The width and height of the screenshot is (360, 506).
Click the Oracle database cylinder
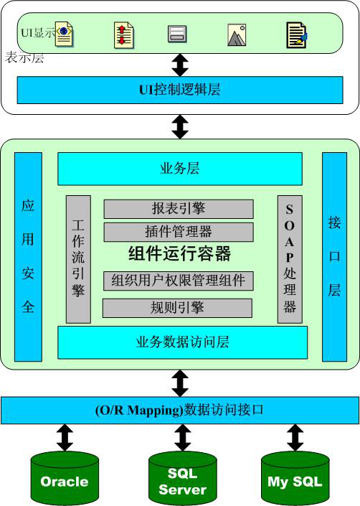(65, 479)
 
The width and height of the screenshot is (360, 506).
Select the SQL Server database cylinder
(182, 479)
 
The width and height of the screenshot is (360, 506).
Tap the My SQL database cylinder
(295, 479)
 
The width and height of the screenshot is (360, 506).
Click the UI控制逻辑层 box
(180, 90)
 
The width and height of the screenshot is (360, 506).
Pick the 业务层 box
(180, 169)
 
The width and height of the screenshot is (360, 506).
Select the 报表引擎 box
(179, 209)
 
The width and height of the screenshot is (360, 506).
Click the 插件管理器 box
(179, 232)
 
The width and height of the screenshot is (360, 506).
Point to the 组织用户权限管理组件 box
(179, 281)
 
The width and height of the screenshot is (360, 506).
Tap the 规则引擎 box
(177, 308)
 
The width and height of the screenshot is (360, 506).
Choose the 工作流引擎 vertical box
(78, 259)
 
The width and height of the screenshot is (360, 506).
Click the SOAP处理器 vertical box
(290, 259)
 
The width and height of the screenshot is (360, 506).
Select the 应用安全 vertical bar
(29, 257)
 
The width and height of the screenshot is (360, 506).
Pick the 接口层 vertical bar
(334, 257)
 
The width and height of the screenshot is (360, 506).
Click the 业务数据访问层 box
(182, 342)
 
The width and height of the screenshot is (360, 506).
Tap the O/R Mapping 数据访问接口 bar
(180, 410)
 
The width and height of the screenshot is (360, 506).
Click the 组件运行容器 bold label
(179, 253)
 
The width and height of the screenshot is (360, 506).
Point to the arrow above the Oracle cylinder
(65, 438)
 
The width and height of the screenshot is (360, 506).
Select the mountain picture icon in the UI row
(237, 35)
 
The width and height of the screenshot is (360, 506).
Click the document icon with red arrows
(124, 35)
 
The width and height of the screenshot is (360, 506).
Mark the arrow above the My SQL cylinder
(295, 438)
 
